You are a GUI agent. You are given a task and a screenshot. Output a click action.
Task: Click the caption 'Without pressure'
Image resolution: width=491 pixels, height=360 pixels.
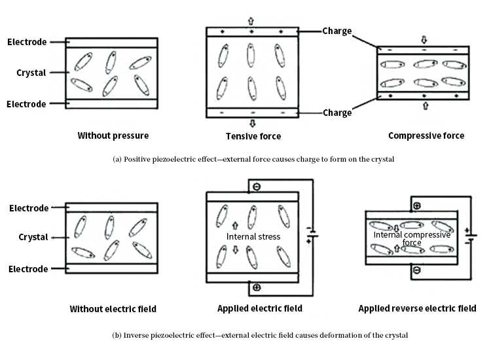tap(113, 136)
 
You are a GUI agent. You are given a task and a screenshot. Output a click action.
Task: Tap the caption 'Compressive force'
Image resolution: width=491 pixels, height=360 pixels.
tap(426, 136)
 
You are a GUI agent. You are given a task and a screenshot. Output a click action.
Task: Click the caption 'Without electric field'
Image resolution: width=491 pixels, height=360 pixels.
tap(113, 309)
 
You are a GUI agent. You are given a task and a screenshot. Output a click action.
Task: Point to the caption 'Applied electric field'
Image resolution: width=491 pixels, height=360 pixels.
tap(260, 308)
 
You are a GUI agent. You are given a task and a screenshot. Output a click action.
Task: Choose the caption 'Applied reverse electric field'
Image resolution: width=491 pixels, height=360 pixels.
tap(417, 308)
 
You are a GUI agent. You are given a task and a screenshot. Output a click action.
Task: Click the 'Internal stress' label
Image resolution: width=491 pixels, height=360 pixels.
tap(253, 236)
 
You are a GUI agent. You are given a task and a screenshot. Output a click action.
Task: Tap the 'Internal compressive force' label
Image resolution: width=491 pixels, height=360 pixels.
tap(412, 238)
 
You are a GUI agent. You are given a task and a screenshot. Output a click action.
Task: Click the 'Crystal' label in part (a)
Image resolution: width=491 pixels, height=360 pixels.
tap(31, 73)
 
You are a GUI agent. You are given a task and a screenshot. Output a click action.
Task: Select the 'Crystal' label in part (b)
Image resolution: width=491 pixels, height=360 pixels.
tap(33, 237)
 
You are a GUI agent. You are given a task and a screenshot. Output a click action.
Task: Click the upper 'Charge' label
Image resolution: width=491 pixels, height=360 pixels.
tap(337, 31)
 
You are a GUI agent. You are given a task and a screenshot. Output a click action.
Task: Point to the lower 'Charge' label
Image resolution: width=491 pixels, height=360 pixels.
tap(337, 113)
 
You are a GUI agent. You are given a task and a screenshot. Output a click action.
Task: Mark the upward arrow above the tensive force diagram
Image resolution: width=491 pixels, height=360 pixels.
tap(251, 21)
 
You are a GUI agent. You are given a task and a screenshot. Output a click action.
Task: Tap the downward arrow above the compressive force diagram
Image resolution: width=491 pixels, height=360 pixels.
tap(424, 38)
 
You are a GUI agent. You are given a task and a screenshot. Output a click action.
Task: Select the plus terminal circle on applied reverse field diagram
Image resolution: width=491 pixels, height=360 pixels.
tap(416, 206)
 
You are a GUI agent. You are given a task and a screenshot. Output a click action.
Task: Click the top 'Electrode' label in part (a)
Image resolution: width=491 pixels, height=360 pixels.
tap(27, 43)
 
